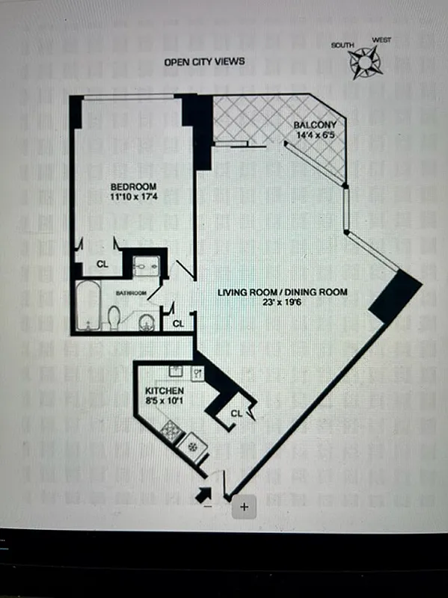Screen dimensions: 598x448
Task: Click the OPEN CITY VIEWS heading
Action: [204, 62]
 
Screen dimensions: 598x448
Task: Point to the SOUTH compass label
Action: [344, 46]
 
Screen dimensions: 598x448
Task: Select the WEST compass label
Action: [381, 40]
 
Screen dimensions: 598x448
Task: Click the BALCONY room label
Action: [314, 125]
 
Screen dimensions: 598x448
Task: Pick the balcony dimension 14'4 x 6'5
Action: [313, 135]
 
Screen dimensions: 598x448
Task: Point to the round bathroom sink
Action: [146, 322]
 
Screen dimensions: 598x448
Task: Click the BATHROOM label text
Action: [129, 294]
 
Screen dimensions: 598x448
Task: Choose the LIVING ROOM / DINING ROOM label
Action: [282, 292]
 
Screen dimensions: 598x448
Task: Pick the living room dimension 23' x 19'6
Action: [283, 303]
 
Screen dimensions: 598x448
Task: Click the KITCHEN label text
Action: [165, 391]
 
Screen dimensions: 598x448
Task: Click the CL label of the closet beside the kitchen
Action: [236, 413]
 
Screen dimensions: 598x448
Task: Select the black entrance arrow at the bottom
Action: [203, 493]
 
